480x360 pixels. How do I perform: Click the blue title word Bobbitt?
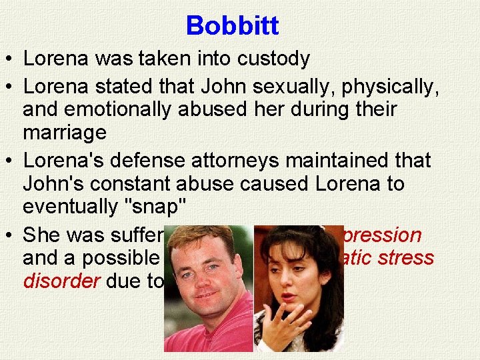[232, 26]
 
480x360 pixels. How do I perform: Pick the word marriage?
[65, 133]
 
